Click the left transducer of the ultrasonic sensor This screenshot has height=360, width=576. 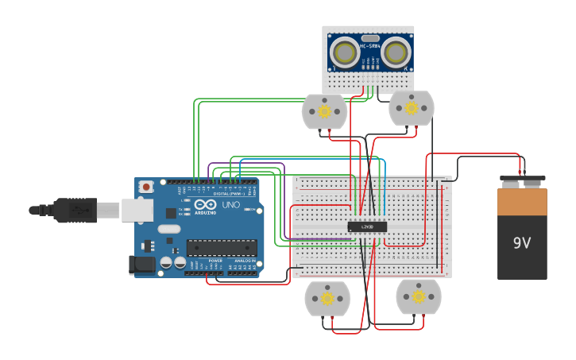[345, 53]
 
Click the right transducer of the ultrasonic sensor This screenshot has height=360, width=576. [395, 53]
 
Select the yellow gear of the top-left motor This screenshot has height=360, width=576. [324, 111]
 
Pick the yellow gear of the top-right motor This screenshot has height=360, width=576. [411, 107]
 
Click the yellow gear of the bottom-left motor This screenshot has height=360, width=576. [327, 299]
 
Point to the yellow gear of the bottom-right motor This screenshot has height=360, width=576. [418, 296]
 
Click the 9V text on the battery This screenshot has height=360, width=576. [522, 243]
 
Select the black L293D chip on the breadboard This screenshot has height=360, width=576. [367, 226]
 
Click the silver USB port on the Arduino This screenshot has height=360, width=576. [137, 210]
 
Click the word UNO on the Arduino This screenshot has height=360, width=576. [230, 205]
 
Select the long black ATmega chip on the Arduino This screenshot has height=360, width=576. [222, 248]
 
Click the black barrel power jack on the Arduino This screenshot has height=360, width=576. [142, 265]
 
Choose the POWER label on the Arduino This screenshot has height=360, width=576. [215, 261]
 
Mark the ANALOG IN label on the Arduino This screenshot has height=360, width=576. [244, 261]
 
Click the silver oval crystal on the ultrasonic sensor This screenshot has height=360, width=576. [369, 37]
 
